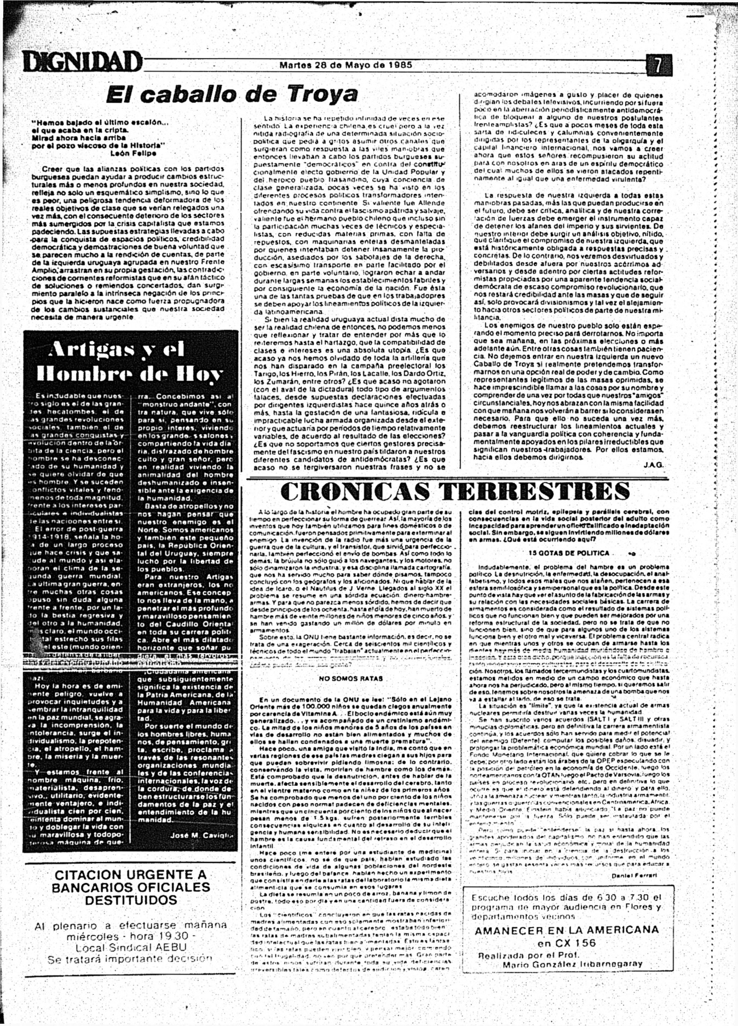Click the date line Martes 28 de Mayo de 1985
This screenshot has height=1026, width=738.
pyautogui.click(x=345, y=64)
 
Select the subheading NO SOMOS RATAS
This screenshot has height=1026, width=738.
pyautogui.click(x=351, y=679)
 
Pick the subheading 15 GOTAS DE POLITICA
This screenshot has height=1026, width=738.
pyautogui.click(x=569, y=553)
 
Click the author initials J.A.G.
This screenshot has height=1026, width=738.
pyautogui.click(x=653, y=465)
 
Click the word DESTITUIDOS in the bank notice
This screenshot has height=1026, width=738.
pyautogui.click(x=131, y=900)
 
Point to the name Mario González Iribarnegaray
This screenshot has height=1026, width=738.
pyautogui.click(x=573, y=964)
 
